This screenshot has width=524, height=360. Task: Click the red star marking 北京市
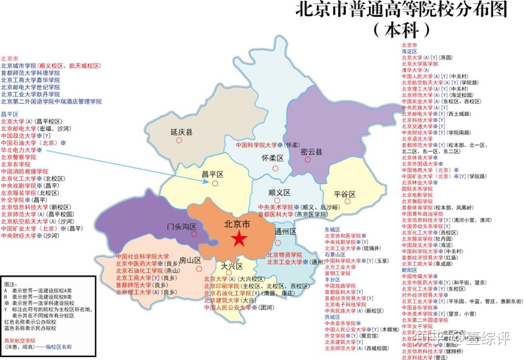238,238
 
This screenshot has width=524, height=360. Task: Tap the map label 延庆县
182,131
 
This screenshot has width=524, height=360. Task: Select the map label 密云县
311,152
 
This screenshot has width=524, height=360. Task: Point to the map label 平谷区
345,195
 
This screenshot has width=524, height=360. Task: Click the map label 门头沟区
181,227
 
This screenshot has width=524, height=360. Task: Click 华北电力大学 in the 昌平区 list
18,150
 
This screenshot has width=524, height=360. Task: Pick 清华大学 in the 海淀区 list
413,70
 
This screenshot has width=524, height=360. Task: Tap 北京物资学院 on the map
284,255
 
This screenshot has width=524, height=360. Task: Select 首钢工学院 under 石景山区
338,273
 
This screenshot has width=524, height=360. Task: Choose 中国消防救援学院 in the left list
24,171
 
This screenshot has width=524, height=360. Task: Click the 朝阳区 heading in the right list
409,270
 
